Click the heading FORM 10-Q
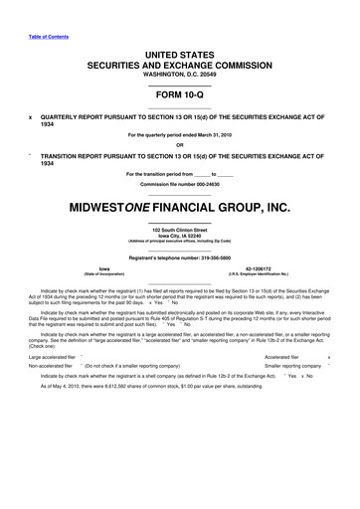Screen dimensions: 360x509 (x=180, y=95)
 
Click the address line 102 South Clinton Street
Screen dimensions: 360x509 (x=180, y=230)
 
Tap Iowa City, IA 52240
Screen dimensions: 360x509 (x=180, y=236)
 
